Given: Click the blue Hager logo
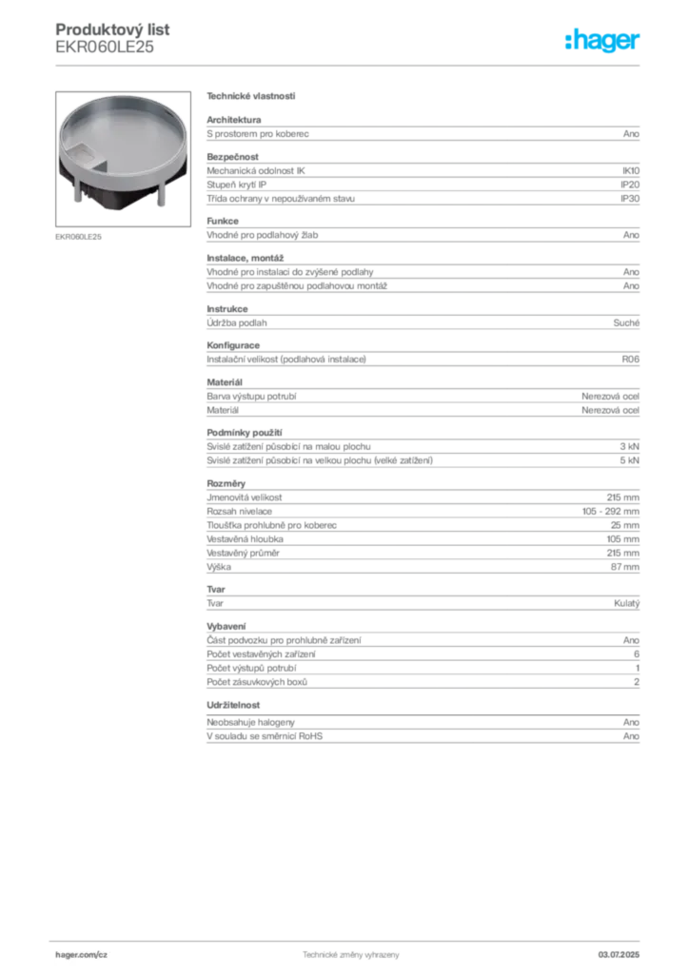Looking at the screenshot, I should (605, 42).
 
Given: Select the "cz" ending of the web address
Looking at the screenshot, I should (101, 953).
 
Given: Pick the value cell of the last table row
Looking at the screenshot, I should (631, 732).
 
